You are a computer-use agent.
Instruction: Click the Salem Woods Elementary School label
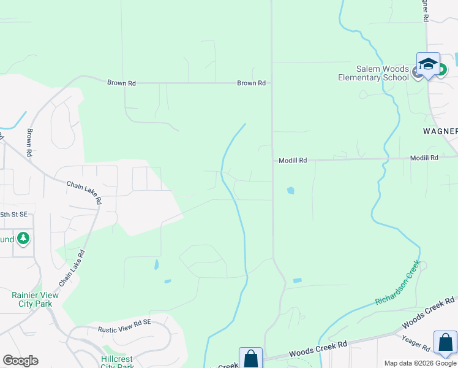(374, 73)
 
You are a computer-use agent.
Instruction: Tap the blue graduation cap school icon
(428, 64)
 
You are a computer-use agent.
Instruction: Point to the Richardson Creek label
(398, 283)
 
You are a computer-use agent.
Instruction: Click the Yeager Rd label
(417, 343)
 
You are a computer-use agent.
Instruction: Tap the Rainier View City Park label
(32, 299)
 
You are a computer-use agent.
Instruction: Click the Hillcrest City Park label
(117, 362)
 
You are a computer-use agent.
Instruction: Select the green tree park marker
(23, 238)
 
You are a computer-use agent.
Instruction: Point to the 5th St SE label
(13, 215)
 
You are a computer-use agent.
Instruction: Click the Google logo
(20, 361)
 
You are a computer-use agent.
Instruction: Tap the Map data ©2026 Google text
(421, 363)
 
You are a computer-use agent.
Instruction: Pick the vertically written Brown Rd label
(28, 141)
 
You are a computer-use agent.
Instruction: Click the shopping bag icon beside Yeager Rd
(445, 343)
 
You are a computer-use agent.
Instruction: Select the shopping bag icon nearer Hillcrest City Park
(250, 358)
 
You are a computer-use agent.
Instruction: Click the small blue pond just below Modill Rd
(290, 191)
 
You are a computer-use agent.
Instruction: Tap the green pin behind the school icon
(441, 70)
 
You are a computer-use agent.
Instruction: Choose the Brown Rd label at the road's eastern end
(251, 83)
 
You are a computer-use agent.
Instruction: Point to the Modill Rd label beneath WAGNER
(424, 158)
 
